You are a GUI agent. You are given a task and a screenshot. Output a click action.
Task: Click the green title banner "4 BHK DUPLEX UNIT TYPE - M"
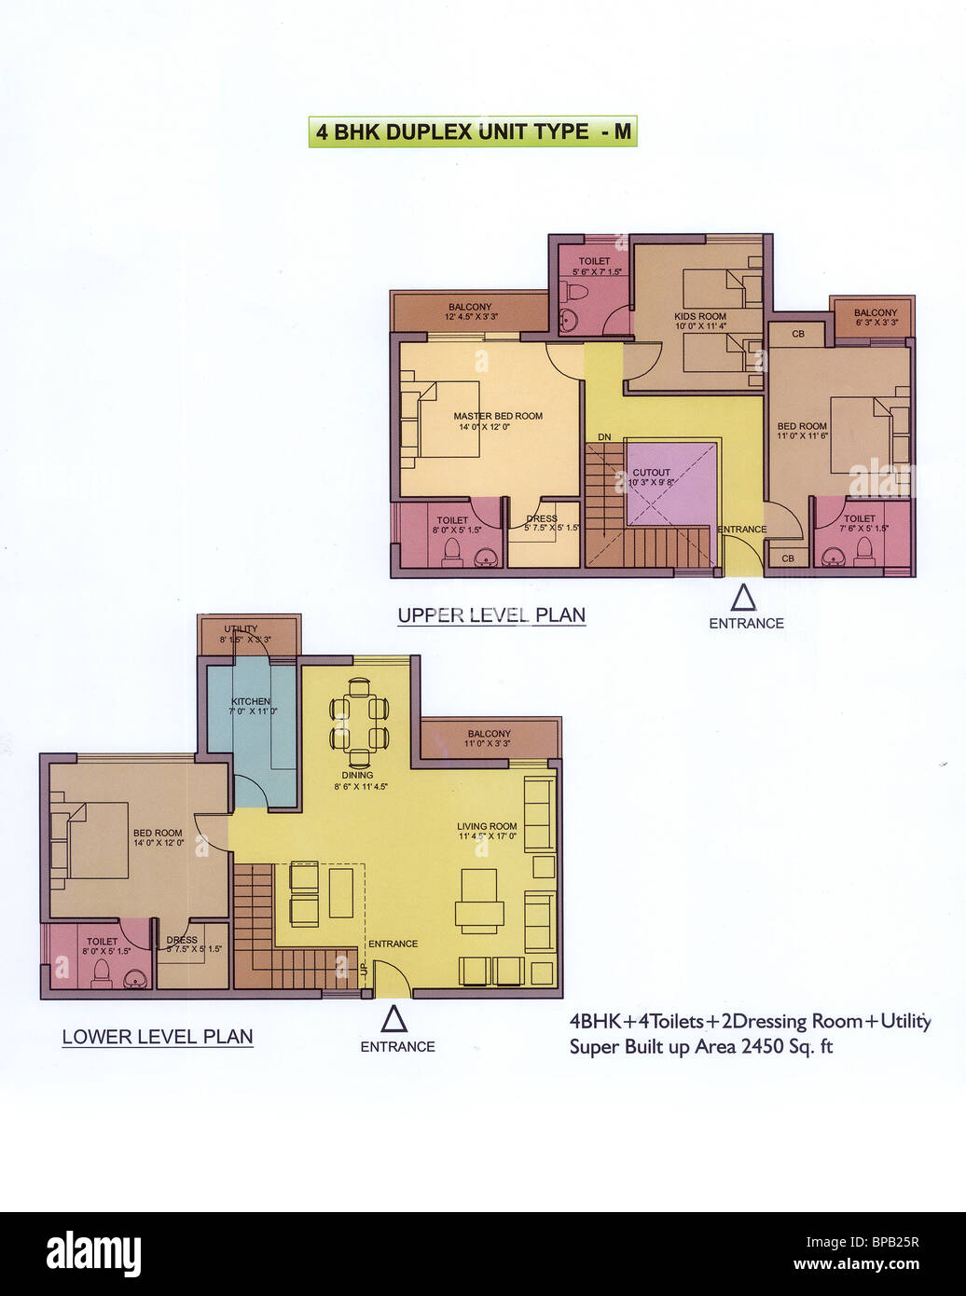click(472, 131)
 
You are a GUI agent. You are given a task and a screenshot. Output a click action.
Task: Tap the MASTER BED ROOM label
click(498, 417)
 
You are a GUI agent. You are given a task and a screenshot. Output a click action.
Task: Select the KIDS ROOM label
click(699, 317)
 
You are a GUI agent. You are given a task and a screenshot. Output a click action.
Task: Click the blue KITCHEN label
click(251, 701)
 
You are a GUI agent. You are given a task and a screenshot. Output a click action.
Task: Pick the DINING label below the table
click(357, 775)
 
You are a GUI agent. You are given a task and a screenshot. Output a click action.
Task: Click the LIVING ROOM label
click(487, 826)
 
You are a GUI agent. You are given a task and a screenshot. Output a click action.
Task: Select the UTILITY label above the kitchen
click(241, 629)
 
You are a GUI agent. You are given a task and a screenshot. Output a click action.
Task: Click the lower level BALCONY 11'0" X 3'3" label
click(489, 734)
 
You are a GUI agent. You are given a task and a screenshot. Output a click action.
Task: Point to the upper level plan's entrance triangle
click(742, 597)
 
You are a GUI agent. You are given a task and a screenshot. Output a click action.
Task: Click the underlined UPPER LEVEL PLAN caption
click(491, 615)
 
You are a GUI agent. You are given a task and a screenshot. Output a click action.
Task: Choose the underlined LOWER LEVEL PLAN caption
click(158, 1037)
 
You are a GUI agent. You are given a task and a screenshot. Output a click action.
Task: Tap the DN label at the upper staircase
click(604, 436)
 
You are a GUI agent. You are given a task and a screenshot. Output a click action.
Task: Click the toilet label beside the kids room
click(594, 262)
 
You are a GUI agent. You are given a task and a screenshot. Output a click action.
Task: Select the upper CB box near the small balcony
click(798, 334)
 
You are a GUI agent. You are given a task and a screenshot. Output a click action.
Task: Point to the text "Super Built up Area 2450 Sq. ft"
click(701, 1047)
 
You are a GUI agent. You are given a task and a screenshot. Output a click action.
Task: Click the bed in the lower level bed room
click(90, 839)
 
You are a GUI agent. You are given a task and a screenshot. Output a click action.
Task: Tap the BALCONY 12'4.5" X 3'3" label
click(469, 307)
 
